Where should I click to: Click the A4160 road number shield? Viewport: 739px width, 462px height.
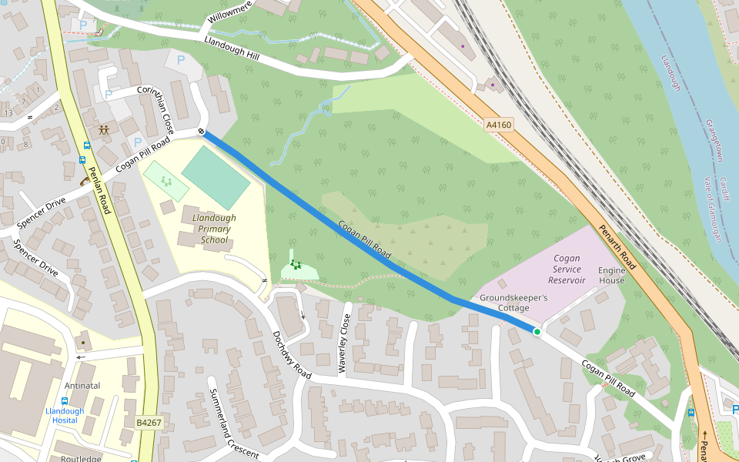point(500,124)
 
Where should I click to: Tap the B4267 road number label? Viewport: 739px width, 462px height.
point(149,423)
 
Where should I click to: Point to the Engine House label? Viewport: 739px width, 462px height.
point(612,276)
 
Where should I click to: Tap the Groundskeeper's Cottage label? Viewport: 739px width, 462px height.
point(514,303)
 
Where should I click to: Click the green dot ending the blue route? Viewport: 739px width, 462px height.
point(537,332)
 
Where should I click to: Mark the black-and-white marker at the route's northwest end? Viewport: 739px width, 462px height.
point(201,132)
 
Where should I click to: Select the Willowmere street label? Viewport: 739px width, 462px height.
point(230,17)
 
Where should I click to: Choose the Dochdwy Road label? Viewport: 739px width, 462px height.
point(291,354)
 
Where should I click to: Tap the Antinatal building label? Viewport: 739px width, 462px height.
point(83,386)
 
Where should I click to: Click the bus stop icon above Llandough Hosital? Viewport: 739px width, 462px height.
point(64,400)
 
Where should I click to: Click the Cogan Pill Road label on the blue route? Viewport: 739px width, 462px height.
point(365,239)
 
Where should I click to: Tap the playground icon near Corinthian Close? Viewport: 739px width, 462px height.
point(103,129)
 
